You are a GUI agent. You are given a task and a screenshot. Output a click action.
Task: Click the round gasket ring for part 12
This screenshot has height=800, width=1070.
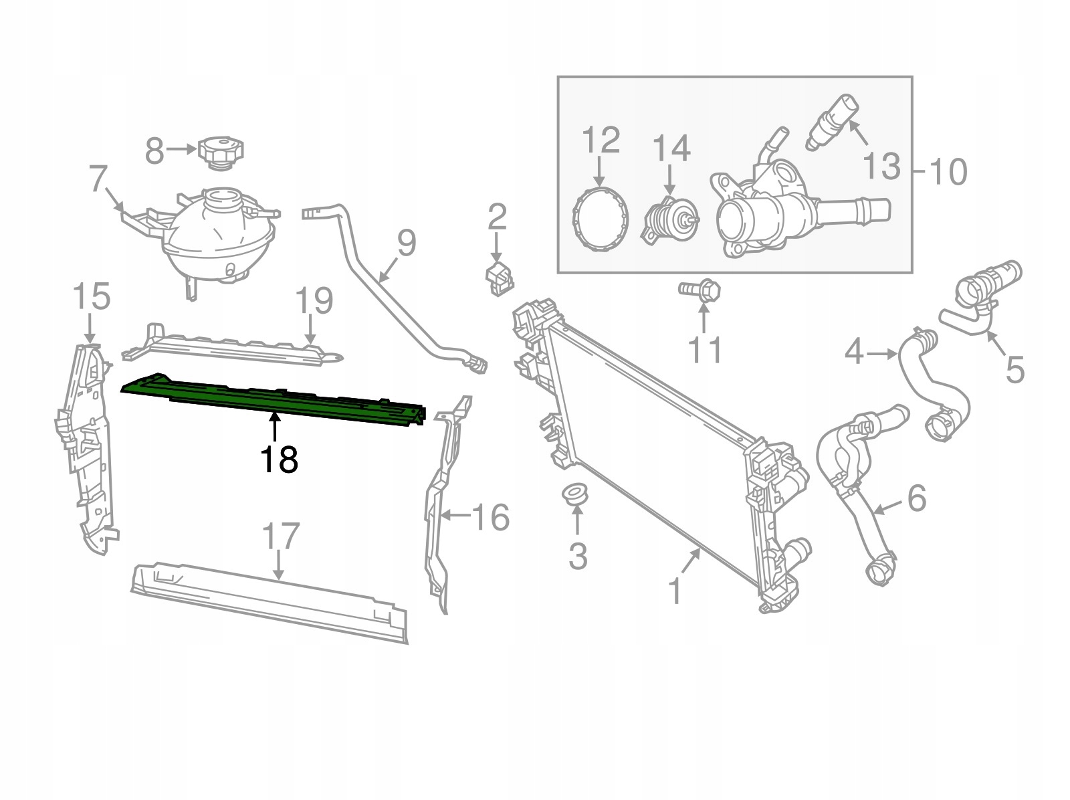[601, 219]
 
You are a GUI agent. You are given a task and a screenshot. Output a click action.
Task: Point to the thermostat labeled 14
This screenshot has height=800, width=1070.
[670, 219]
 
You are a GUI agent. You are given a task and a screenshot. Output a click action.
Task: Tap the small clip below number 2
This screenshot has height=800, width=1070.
[498, 278]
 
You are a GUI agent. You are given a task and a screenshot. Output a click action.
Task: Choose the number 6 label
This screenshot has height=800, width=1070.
[916, 498]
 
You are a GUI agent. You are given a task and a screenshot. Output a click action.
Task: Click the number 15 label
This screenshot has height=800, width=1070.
[91, 297]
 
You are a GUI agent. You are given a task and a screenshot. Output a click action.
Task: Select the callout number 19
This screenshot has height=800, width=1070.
[313, 301]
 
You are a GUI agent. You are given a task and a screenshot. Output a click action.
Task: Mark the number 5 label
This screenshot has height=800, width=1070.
[1014, 369]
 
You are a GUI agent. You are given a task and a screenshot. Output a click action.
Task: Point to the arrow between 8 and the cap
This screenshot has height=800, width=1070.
[181, 151]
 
